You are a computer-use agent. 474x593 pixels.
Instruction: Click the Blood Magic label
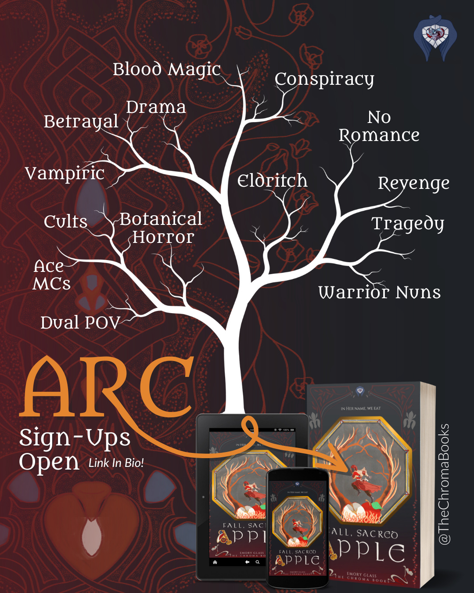166,70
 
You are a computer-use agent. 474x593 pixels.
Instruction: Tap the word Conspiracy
324,80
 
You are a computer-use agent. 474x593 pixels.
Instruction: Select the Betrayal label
81,122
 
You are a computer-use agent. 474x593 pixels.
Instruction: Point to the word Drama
156,107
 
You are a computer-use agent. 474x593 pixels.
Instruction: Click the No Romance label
379,127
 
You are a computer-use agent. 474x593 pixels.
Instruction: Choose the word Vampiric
65,174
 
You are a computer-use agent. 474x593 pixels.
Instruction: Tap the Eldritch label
272,181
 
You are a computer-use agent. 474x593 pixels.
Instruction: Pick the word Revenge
413,184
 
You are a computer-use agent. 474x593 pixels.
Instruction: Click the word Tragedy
408,224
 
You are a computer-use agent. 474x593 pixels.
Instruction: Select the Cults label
65,221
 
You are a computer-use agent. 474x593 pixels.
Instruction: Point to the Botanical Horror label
162,228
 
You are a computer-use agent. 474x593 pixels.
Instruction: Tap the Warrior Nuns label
379,293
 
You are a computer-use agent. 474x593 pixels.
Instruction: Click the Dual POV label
80,323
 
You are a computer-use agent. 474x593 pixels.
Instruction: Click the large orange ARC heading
108,387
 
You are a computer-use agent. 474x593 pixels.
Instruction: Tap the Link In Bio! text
116,463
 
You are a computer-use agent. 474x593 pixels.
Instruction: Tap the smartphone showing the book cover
298,527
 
